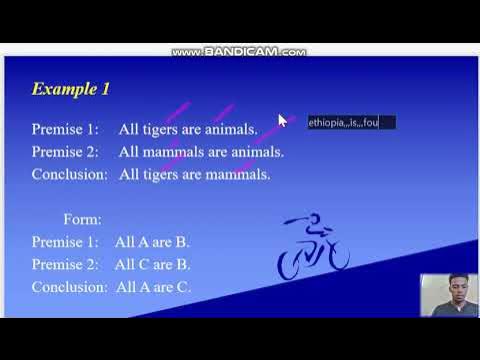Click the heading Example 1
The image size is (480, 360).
click(70, 89)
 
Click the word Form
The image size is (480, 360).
click(81, 219)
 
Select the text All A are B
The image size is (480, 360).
click(152, 241)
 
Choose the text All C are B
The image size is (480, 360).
click(152, 264)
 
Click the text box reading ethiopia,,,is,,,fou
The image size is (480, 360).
click(351, 123)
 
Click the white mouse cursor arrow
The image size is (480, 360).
click(282, 120)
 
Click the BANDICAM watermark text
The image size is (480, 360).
click(239, 52)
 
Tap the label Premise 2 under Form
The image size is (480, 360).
click(66, 264)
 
